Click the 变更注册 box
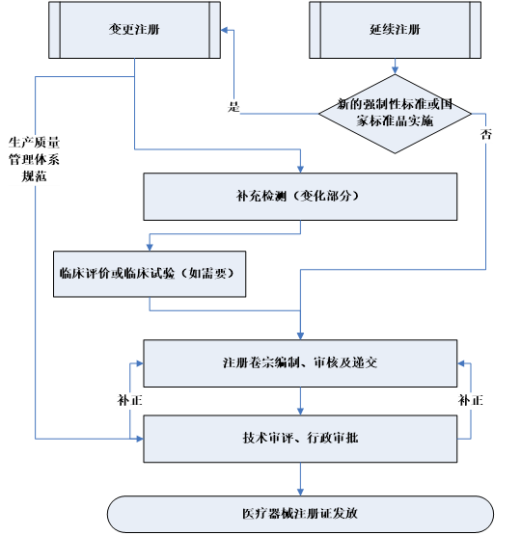(134, 30)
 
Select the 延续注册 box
(395, 30)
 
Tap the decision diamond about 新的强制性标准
(395, 113)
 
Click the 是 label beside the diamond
(233, 106)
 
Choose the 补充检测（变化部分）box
(299, 196)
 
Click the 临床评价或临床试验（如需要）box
(150, 274)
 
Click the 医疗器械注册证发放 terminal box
(299, 513)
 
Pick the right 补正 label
(471, 399)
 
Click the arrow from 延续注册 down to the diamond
(395, 66)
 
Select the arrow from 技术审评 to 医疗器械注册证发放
(300, 478)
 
